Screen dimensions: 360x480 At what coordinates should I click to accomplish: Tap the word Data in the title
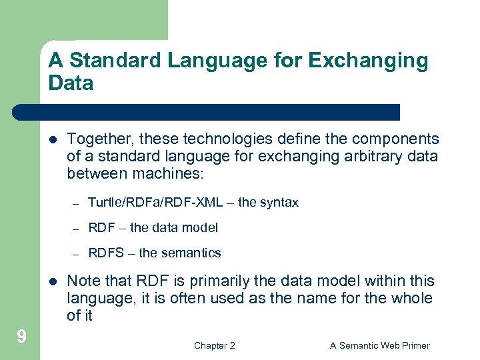71,83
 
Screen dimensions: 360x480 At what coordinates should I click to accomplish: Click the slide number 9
21,337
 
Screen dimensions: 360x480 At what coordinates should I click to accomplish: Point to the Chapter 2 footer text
214,345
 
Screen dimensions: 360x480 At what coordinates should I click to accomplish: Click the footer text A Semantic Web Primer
379,345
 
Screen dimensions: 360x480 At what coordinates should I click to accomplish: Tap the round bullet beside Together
53,139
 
